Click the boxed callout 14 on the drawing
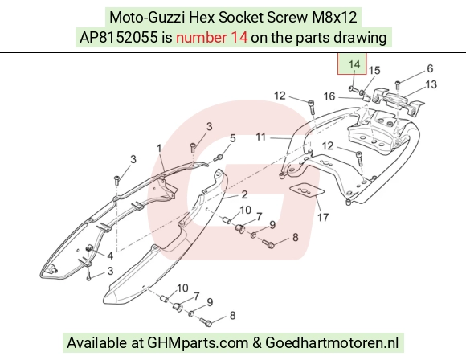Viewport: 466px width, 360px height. point(352,64)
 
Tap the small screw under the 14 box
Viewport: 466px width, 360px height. point(353,88)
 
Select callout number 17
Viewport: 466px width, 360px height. point(323,217)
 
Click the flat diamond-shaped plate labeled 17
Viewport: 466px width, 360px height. point(306,190)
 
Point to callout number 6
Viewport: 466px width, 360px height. point(430,68)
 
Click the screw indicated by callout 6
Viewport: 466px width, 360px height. point(398,84)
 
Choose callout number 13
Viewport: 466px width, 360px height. point(431,84)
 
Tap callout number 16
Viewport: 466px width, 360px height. point(329,96)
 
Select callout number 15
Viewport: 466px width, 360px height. point(374,70)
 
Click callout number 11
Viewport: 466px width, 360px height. point(260,137)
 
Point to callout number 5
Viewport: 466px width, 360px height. point(233,138)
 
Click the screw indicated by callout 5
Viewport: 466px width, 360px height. point(219,157)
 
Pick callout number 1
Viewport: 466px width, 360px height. point(159,149)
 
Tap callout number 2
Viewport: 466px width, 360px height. point(244,194)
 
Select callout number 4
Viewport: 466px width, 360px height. point(110,256)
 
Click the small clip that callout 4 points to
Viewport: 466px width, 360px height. point(89,248)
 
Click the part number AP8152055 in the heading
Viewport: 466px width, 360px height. point(119,38)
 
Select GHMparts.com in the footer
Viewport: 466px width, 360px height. point(198,342)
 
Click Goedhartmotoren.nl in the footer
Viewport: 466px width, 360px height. point(332,342)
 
